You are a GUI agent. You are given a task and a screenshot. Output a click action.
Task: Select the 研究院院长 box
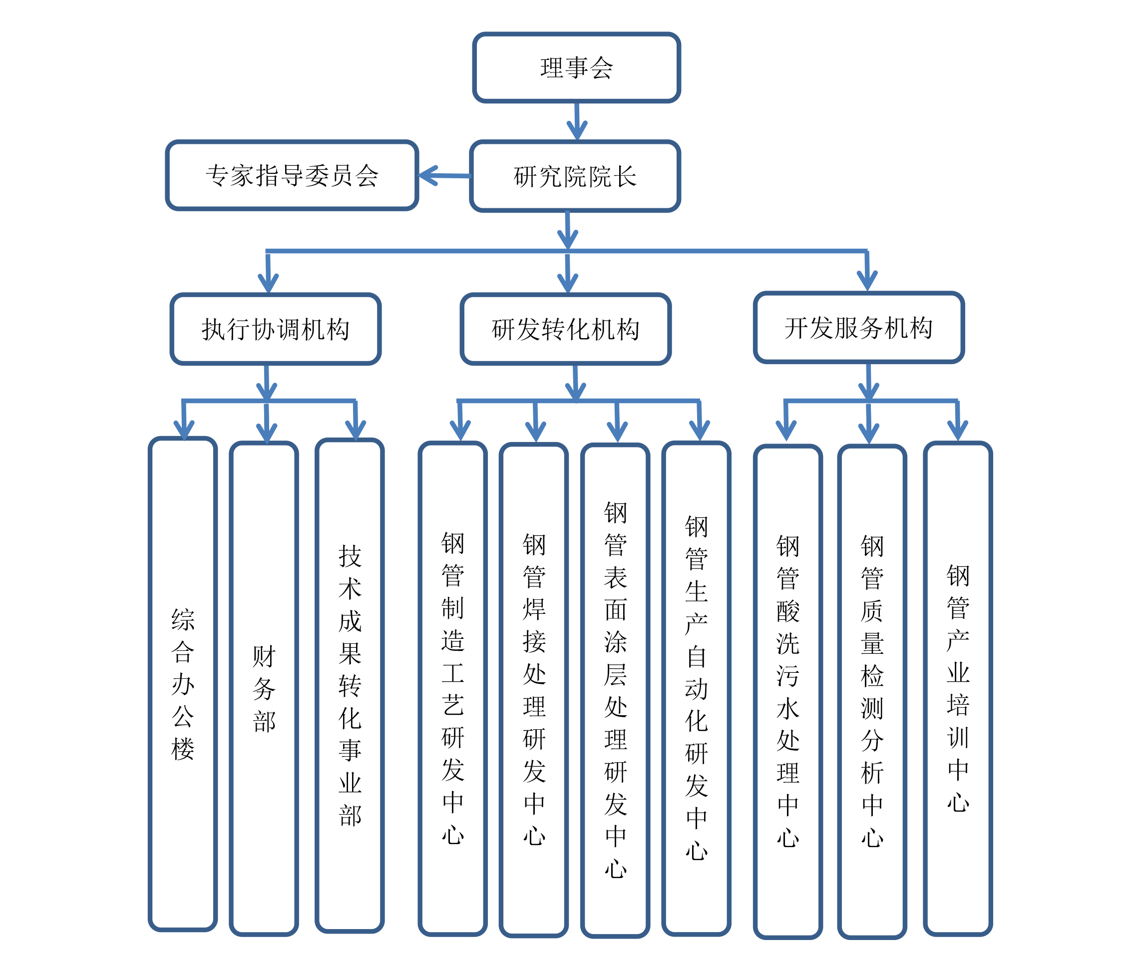point(575,176)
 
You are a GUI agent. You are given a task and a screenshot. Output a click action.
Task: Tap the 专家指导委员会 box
point(292,175)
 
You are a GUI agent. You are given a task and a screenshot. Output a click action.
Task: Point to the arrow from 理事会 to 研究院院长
point(576,121)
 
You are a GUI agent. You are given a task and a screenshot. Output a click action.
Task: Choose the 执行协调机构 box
point(275,329)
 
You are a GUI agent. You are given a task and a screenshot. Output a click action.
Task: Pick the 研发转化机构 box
point(565,329)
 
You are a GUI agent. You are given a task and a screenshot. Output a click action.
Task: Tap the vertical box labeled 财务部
point(264,688)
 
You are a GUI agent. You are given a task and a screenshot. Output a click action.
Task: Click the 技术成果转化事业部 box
point(350,685)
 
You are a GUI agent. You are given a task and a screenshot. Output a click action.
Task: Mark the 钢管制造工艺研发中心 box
point(452,688)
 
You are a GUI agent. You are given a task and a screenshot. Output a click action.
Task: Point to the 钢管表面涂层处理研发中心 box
point(615,690)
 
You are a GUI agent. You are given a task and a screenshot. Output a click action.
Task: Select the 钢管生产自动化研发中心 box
point(696,688)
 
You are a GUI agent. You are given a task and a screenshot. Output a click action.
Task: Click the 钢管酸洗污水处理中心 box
point(787,691)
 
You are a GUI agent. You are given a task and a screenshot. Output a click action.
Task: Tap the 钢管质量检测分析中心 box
point(872,691)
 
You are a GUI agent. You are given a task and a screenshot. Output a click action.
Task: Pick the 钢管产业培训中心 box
point(957,688)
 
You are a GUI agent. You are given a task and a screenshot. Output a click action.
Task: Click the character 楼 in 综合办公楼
point(183,749)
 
